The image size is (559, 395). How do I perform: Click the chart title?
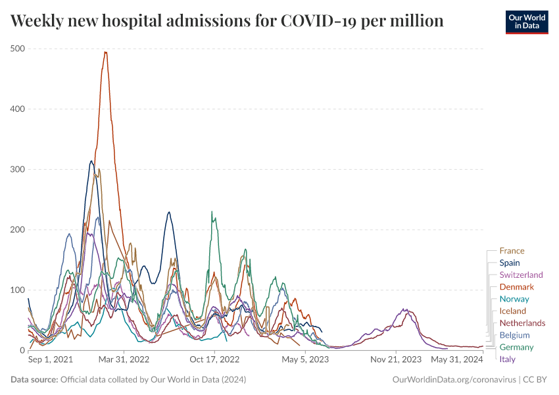pos(227,21)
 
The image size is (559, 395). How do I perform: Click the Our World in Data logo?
pos(526,22)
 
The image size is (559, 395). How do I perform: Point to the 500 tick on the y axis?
pos(18,49)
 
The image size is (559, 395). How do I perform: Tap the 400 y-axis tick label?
pos(18,109)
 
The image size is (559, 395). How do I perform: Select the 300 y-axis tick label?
pos(18,169)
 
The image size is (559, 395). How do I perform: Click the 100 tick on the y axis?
pos(18,290)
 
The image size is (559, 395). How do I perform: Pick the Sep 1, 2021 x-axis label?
pos(51,359)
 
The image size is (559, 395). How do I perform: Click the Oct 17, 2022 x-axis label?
pos(212,359)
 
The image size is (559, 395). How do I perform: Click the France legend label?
pos(512,251)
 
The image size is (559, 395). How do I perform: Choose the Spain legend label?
pos(509,263)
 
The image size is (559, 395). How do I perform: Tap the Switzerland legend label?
pos(521,275)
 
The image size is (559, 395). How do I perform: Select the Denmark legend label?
pos(516,287)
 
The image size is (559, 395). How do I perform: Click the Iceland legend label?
pos(512,311)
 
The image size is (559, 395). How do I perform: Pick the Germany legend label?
pos(516,347)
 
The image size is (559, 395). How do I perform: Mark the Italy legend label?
pos(507,359)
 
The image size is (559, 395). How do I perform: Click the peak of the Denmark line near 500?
pos(105,53)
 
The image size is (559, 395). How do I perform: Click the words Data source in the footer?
pos(34,380)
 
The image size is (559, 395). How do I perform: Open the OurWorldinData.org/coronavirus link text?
pos(454,380)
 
